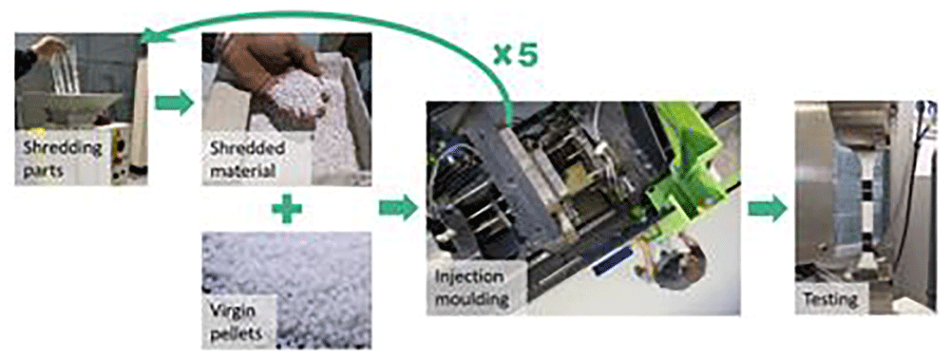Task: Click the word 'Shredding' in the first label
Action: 62,149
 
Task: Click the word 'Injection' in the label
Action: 469,277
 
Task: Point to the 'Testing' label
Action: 830,299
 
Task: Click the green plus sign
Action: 287,209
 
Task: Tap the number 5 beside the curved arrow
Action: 525,55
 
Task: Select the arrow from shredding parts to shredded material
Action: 174,103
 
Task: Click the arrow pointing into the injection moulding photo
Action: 399,209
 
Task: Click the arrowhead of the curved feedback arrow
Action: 150,37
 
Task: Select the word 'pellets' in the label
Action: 234,332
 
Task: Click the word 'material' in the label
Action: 242,170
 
